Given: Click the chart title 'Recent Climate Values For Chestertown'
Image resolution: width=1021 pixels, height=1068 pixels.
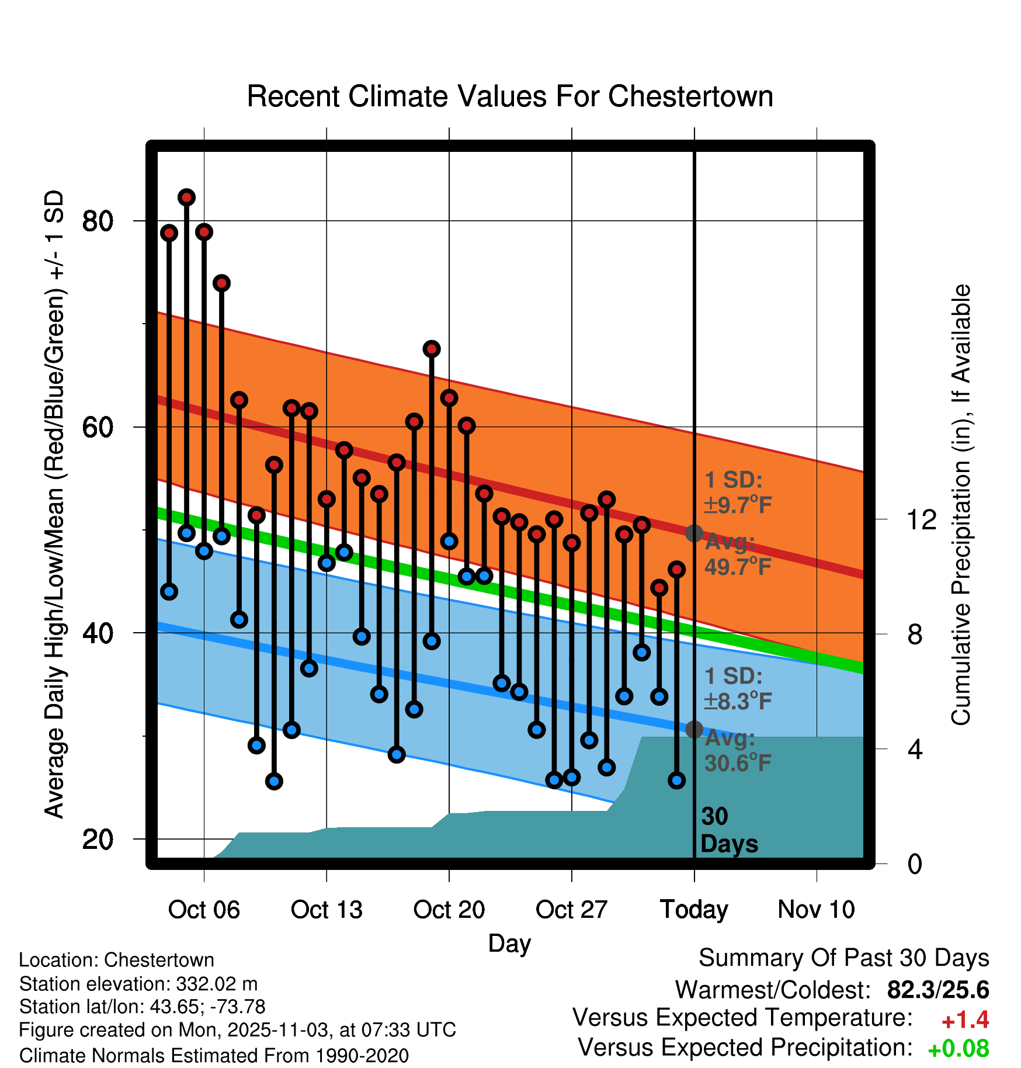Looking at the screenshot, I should [510, 96].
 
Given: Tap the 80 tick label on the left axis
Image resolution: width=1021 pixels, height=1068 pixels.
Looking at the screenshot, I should [98, 221].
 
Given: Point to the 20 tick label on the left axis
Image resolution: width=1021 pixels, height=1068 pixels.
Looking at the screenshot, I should [98, 840].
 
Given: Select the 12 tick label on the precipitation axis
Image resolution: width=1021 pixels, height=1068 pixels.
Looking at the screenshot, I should [921, 519].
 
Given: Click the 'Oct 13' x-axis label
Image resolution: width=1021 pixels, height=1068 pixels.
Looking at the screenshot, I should [327, 910].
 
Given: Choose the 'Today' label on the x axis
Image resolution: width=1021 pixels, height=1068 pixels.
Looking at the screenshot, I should [694, 910].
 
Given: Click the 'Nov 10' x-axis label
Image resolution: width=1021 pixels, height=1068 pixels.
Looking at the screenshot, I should [816, 910].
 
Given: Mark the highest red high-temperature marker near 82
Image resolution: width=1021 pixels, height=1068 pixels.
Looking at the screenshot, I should [186, 197].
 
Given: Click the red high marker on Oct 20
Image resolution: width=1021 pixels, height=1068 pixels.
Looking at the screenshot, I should [449, 398].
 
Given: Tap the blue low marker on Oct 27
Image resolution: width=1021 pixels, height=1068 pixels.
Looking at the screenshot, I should [572, 777].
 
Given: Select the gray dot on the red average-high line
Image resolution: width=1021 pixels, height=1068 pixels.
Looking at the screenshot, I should [694, 533].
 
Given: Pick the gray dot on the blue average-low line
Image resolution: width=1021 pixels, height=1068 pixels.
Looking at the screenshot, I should [694, 730].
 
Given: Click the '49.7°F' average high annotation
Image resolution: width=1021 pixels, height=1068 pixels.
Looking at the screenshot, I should [738, 566].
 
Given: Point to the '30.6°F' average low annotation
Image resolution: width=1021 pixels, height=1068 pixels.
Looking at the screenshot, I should [738, 762].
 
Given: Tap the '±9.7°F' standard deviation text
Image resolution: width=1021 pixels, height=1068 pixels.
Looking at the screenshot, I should [738, 505].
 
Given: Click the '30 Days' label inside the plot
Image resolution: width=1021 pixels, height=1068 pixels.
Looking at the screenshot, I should [728, 830].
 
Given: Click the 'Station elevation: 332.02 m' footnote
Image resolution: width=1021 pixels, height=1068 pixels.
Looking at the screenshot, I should [138, 984].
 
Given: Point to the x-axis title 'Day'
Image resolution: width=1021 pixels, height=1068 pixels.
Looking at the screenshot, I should [509, 943].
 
